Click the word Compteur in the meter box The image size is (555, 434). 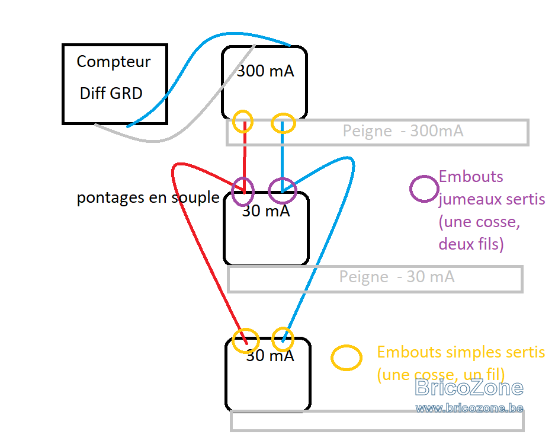[114, 62]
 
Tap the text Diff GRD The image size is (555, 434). [111, 94]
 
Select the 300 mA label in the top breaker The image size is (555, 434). [265, 71]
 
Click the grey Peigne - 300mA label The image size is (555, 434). [403, 131]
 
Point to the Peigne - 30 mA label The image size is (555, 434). [396, 277]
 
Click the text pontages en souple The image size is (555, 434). [148, 197]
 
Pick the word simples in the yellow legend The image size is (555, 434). [469, 352]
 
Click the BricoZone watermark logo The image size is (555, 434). [469, 387]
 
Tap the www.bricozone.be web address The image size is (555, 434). [469, 408]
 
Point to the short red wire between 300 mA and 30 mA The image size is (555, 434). [245, 158]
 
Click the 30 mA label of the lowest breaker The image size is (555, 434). [270, 355]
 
